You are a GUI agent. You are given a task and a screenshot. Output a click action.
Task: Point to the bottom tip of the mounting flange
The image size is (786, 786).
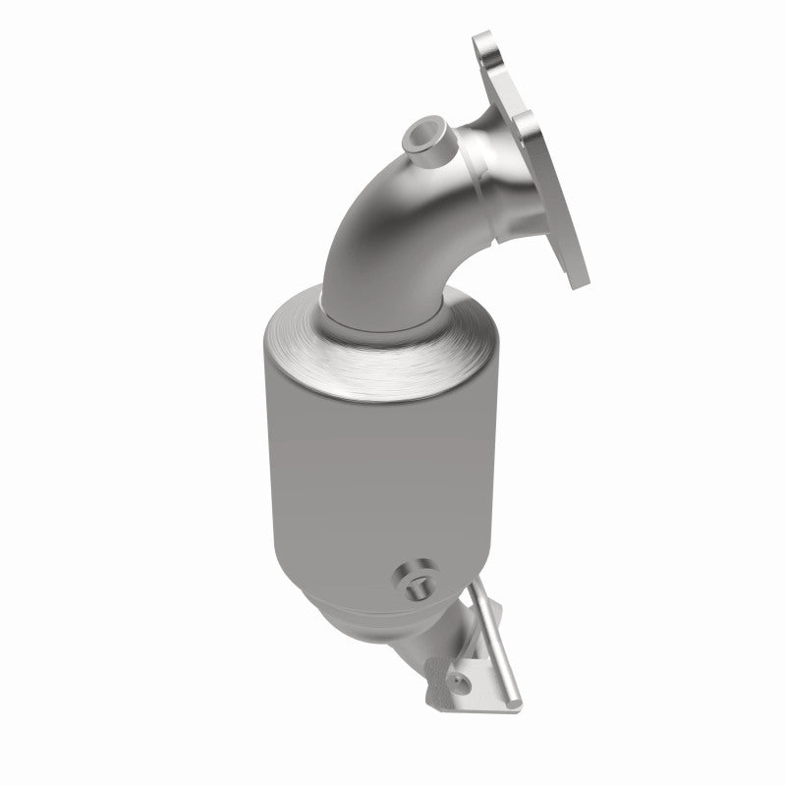click(577, 276)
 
